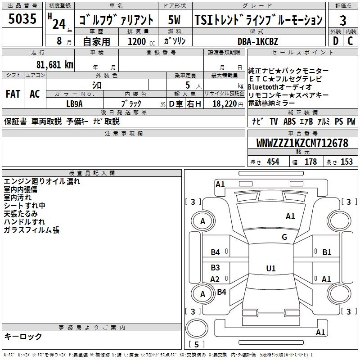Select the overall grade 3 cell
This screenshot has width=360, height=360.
point(343,20)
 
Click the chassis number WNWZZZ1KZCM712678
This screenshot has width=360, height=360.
point(302,143)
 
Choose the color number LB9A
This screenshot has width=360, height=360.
point(74,103)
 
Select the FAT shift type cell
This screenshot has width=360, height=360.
point(13,94)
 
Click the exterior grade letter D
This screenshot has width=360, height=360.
point(335,41)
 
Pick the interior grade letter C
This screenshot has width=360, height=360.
point(350,41)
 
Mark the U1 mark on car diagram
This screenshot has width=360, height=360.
point(270,269)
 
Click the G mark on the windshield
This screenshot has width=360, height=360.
point(284,237)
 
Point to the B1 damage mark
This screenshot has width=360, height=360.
point(327,252)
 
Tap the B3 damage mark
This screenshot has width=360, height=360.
point(216,268)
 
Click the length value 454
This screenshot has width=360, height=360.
point(273,162)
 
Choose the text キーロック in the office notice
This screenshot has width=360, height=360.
point(23,336)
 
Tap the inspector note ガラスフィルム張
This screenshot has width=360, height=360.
point(31,230)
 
